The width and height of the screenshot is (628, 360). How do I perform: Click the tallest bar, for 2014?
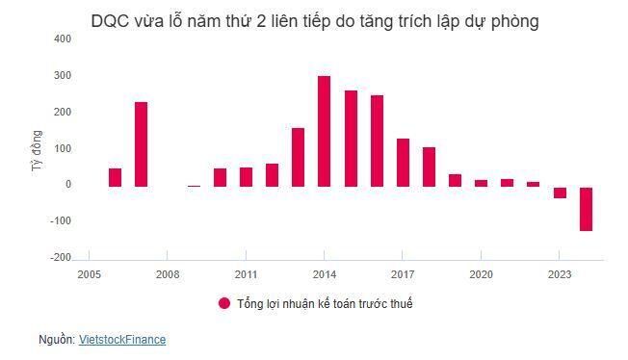pos(325,131)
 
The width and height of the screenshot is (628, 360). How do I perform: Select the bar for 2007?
pos(142,143)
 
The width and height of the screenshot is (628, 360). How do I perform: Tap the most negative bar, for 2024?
pos(586,208)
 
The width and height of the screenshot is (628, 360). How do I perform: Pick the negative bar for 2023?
pos(560,192)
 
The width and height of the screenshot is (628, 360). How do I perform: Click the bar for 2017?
pos(403,162)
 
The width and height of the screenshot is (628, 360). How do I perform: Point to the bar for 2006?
pos(116,176)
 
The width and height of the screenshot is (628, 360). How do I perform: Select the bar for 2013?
pos(299,156)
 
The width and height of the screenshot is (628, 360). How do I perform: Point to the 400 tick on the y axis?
pos(62,39)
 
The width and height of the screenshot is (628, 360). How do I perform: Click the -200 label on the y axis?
pos(60,257)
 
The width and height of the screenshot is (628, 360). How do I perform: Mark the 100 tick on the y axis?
pos(62,148)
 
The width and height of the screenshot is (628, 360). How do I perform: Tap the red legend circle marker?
pos(224,303)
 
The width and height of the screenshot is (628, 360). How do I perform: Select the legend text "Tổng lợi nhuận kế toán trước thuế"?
pos(325,303)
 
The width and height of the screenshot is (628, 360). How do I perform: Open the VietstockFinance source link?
pos(122,340)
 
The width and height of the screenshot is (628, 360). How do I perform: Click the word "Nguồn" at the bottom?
pos(56,340)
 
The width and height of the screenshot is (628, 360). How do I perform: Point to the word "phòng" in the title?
pos(513,21)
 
